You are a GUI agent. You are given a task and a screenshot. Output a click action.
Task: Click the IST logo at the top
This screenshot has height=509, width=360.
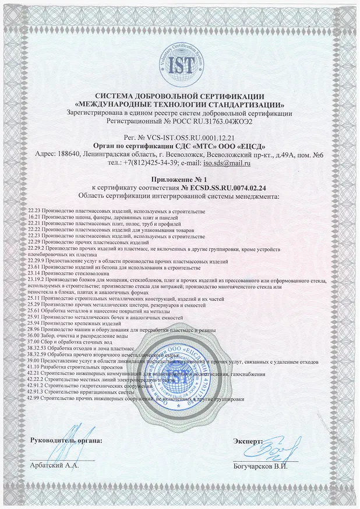[179, 64]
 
